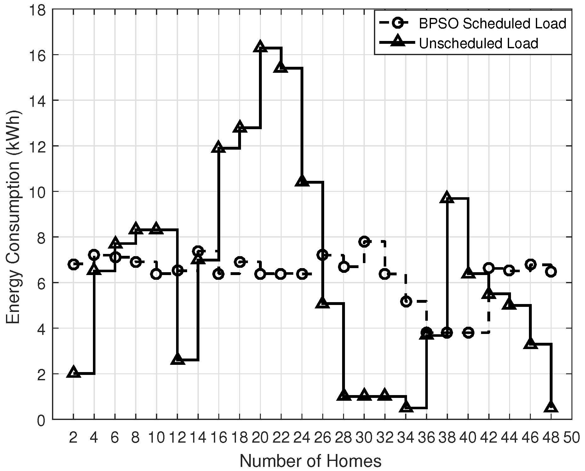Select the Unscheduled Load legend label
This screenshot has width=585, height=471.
[478, 43]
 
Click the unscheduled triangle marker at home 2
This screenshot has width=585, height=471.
[73, 372]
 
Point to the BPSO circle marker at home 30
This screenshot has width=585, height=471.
[364, 242]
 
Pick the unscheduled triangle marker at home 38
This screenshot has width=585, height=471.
[447, 197]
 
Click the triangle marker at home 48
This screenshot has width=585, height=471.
[551, 407]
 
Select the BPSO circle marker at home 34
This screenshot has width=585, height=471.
[406, 302]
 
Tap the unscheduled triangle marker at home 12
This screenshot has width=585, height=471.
[177, 359]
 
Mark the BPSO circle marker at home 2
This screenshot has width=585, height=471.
[73, 264]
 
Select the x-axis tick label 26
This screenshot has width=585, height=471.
[323, 438]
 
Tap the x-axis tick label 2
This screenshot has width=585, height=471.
[73, 438]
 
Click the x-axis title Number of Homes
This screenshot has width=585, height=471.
[310, 461]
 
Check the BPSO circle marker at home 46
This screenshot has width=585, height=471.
[531, 264]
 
